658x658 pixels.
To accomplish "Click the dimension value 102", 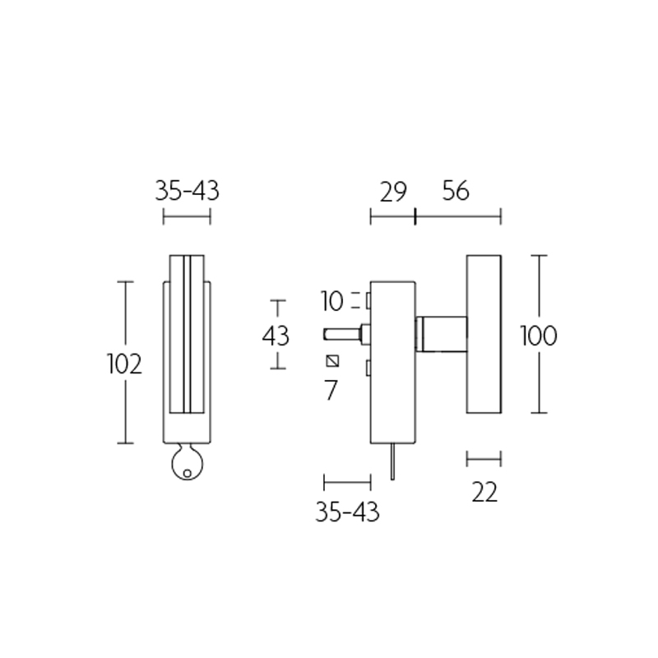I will (125, 364).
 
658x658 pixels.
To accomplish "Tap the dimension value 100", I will (539, 336).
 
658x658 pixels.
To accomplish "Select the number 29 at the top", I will (393, 192).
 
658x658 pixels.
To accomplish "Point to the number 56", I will (455, 192).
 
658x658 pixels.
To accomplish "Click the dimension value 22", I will (484, 492).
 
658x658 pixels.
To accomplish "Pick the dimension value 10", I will (332, 301).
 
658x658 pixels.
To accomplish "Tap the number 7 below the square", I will (331, 390).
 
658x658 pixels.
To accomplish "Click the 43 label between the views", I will (276, 336).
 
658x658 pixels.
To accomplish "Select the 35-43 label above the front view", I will (188, 192).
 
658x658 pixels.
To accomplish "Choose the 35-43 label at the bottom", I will (347, 512).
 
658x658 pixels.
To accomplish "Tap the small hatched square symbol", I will (332, 361).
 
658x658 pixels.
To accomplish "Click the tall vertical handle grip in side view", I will (484, 333).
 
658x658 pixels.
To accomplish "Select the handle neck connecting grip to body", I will (441, 333).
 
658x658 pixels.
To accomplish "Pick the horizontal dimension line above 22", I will (484, 458).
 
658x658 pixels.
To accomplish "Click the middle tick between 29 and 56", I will (415, 217).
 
